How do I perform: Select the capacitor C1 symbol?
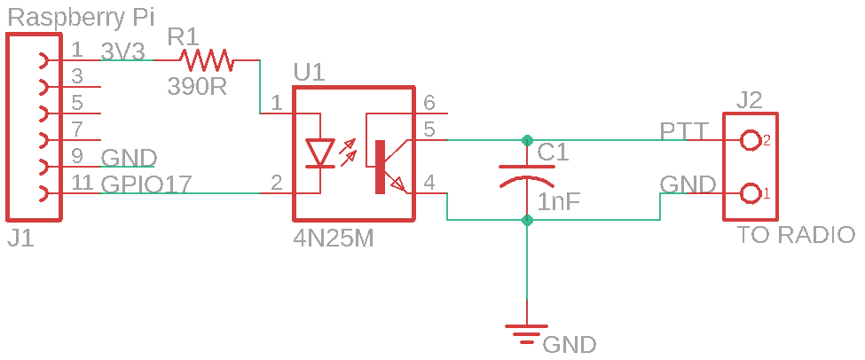(x=527, y=176)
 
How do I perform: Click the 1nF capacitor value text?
(x=558, y=202)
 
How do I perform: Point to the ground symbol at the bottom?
(x=527, y=333)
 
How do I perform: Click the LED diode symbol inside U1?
(x=320, y=153)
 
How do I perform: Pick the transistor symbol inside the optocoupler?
(x=390, y=167)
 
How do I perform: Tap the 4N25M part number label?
(x=334, y=239)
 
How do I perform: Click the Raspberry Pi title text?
(x=81, y=19)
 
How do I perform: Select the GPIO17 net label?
(x=145, y=184)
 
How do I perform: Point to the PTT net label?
(x=684, y=132)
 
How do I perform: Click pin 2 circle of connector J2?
(x=750, y=140)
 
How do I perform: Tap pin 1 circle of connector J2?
(x=750, y=193)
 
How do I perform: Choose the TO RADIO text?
(x=796, y=235)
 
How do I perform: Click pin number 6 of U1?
(x=429, y=103)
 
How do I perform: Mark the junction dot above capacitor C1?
(x=527, y=139)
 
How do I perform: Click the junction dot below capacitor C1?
(x=527, y=221)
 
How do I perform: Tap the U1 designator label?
(x=310, y=74)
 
